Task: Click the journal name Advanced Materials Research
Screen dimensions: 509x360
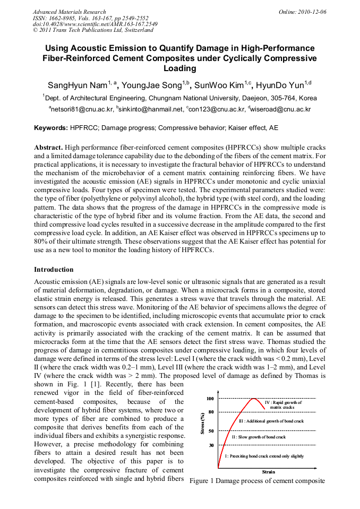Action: (69, 12)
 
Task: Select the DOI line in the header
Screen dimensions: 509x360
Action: (95, 24)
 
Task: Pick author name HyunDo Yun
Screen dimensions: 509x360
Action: (280, 85)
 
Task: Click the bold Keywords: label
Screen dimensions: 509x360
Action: (51, 128)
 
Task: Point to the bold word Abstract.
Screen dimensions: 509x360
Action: (49, 147)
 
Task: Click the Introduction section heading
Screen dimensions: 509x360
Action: (54, 269)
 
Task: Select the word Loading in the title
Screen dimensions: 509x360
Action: (179, 68)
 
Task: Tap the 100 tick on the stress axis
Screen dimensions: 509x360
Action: (210, 399)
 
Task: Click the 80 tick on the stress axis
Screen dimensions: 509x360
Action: (211, 412)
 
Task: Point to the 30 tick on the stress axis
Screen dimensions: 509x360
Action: (211, 445)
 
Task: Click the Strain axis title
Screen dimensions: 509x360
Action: (268, 471)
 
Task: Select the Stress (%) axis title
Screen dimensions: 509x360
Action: (202, 424)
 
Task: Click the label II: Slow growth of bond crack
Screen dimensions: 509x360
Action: (259, 437)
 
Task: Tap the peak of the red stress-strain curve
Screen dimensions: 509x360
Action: (254, 399)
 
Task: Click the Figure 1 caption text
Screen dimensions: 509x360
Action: (257, 480)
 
